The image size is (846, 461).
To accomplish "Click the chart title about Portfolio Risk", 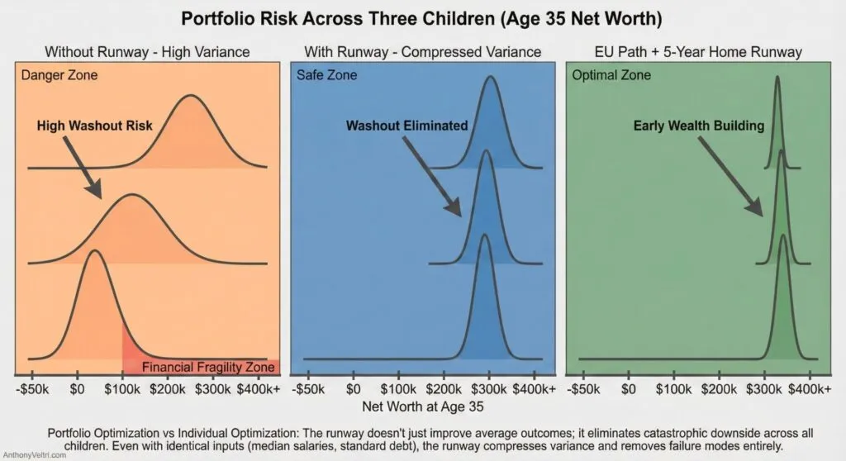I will click(423, 18).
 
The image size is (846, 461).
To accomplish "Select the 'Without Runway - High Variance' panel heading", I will click(147, 52).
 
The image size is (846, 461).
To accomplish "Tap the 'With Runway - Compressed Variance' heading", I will click(423, 52).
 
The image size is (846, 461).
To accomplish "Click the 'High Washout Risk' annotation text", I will click(95, 126).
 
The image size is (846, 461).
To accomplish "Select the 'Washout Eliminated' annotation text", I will click(406, 126).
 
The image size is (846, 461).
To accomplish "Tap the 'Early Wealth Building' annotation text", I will click(699, 126).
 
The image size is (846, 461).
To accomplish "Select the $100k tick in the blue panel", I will click(399, 388).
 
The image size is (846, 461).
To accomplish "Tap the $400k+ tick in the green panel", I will click(812, 388).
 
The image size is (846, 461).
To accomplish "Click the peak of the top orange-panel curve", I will click(191, 96).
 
